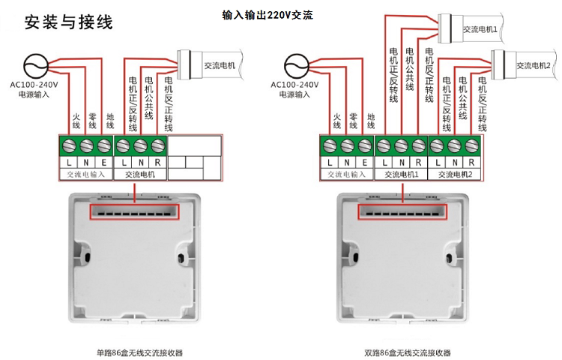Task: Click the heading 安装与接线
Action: coord(68,22)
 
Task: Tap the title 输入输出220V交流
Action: coord(268,15)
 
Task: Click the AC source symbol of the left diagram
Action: coord(35,65)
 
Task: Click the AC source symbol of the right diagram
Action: coord(297,65)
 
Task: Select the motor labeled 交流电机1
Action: coord(471,28)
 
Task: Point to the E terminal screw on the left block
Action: coord(104,146)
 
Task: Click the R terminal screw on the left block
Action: coord(157,146)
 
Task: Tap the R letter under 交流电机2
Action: coord(471,163)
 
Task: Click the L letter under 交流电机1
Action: coord(384,163)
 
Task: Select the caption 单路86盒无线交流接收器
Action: coord(140,352)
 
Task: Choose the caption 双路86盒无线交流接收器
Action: coord(408,352)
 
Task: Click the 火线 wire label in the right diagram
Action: coord(337,121)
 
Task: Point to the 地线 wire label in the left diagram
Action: coord(110,121)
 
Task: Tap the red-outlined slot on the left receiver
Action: coord(134,211)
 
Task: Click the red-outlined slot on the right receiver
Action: coord(402,211)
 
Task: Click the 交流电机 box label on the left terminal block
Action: coord(140,174)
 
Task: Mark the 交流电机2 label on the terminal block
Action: coord(455,174)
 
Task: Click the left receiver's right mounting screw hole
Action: coord(181,258)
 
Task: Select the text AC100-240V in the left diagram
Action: coord(34,85)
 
